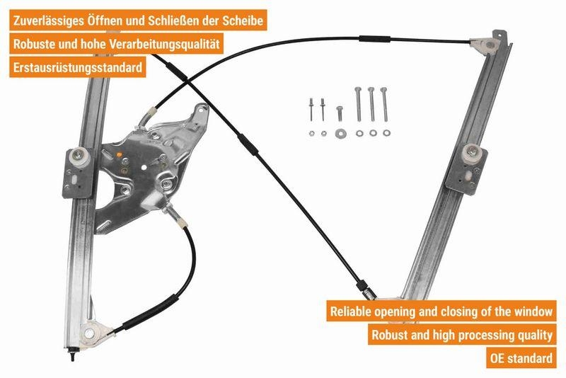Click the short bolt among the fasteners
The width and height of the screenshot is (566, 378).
(x=340, y=113)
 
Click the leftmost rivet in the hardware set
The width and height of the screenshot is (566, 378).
(x=311, y=106)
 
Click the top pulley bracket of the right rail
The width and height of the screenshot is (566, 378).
(x=490, y=44)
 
